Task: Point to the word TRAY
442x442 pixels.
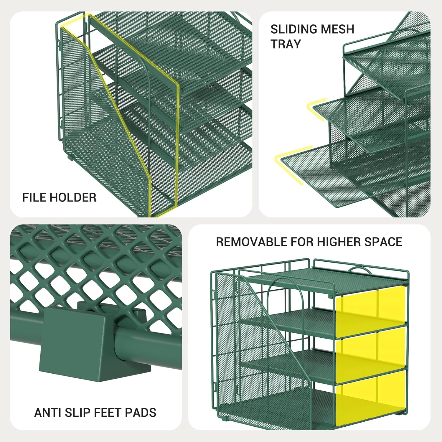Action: click(286, 44)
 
